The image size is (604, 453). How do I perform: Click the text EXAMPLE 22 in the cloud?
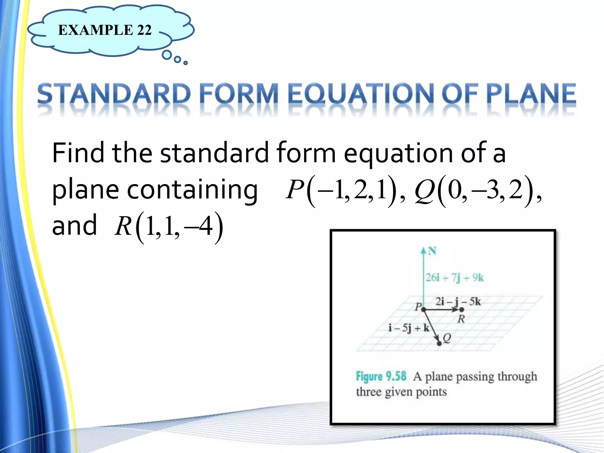tap(105, 30)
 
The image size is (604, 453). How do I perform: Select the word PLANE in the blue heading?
tap(531, 94)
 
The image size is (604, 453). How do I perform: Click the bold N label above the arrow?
tap(432, 251)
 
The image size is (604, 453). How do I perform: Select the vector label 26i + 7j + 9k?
tap(454, 278)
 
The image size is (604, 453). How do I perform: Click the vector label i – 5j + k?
tap(408, 328)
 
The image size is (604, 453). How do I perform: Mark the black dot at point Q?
tap(439, 343)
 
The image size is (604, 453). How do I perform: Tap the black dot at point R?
tap(462, 309)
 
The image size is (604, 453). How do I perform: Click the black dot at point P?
tap(424, 309)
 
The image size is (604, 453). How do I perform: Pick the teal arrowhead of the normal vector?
tap(424, 251)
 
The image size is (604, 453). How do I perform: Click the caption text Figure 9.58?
tap(381, 377)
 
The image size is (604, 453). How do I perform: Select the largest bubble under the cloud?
tap(167, 55)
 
